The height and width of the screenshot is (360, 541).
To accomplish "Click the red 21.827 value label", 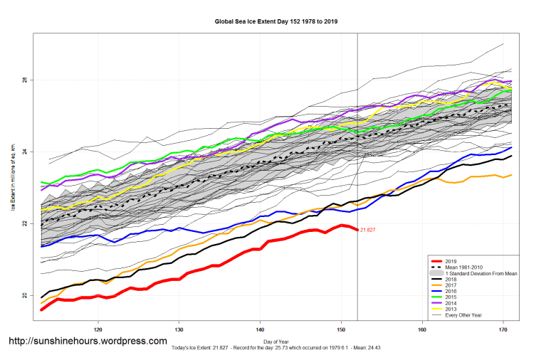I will (x=368, y=230).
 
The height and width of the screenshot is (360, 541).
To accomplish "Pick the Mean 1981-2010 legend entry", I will (x=463, y=267).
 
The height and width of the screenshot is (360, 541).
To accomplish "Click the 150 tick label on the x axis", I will (x=342, y=329).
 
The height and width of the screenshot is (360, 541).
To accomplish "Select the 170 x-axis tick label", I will (x=504, y=329).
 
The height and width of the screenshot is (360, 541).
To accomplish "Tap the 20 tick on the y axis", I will (x=26, y=296).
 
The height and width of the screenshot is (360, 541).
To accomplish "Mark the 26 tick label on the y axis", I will (x=26, y=80).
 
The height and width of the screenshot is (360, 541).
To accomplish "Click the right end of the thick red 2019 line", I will (x=357, y=229).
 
